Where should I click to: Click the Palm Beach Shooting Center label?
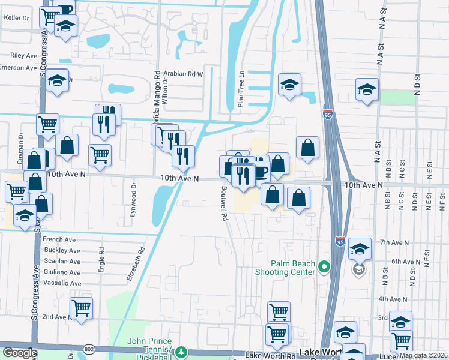pos(293,268)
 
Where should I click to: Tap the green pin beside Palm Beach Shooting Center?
pos(325,266)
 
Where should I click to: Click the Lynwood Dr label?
pos(134,205)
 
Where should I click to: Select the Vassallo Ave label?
pos(62,283)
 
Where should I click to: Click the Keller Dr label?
pos(17,18)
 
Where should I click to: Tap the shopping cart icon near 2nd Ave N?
pos(81,308)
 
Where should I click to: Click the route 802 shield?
pos(89,349)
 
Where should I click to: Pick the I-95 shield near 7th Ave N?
pos(340,241)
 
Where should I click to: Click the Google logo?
pos(20,353)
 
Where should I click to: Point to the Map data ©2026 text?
pos(424,355)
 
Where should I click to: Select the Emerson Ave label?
pos(19,67)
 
